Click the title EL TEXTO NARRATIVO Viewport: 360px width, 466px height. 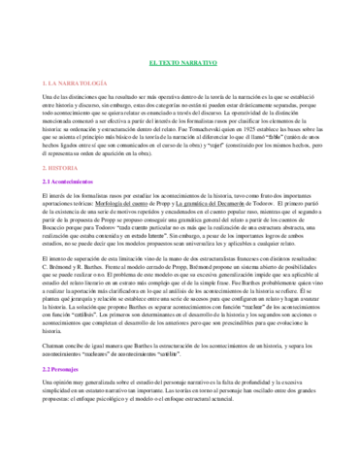coord(179,61)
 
